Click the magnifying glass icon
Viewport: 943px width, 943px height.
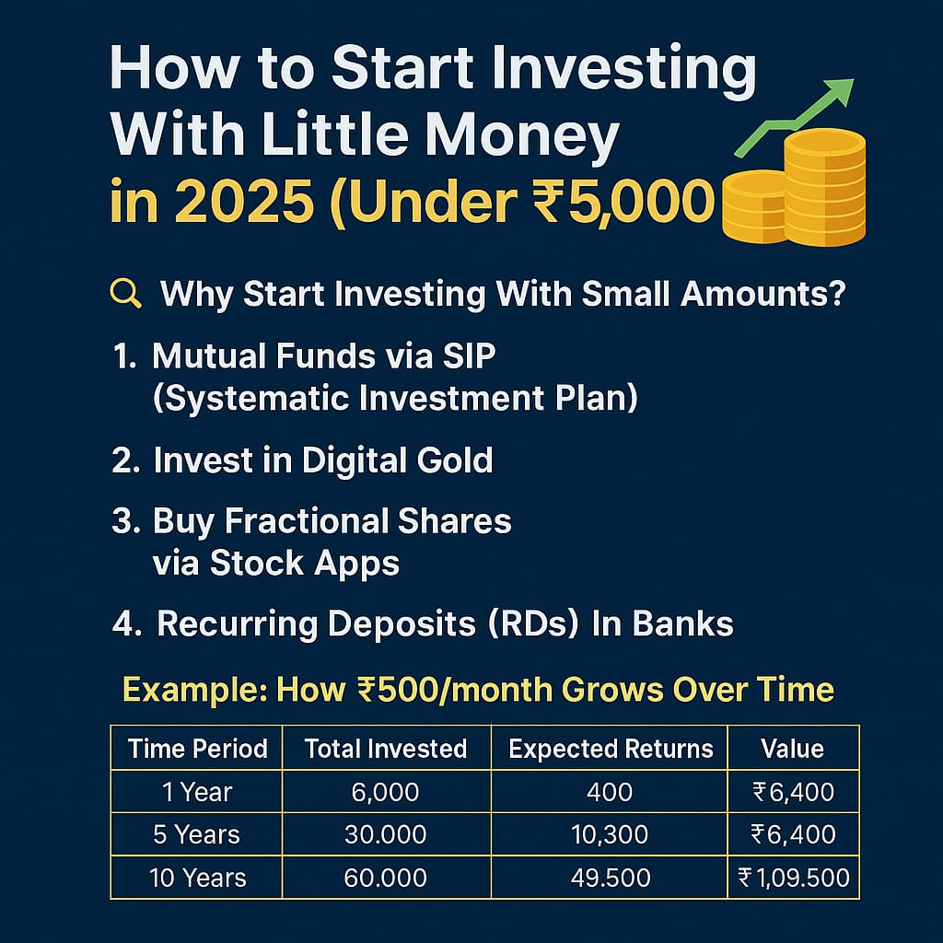[x=124, y=294]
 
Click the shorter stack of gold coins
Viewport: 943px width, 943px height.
[x=755, y=207]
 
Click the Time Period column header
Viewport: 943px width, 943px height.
[x=198, y=749]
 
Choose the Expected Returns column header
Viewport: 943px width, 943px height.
[x=611, y=749]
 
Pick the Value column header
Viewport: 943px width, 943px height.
[x=792, y=749]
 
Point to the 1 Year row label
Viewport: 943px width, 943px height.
[x=198, y=792]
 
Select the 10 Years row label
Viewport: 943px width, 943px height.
[x=198, y=878]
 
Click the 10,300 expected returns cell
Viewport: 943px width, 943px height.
[x=611, y=835]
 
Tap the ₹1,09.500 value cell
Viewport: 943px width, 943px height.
[x=792, y=878]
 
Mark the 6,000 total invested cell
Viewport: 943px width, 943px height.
[x=385, y=792]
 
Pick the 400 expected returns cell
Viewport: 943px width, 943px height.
[x=611, y=792]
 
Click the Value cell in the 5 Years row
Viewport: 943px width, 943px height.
[x=792, y=835]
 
